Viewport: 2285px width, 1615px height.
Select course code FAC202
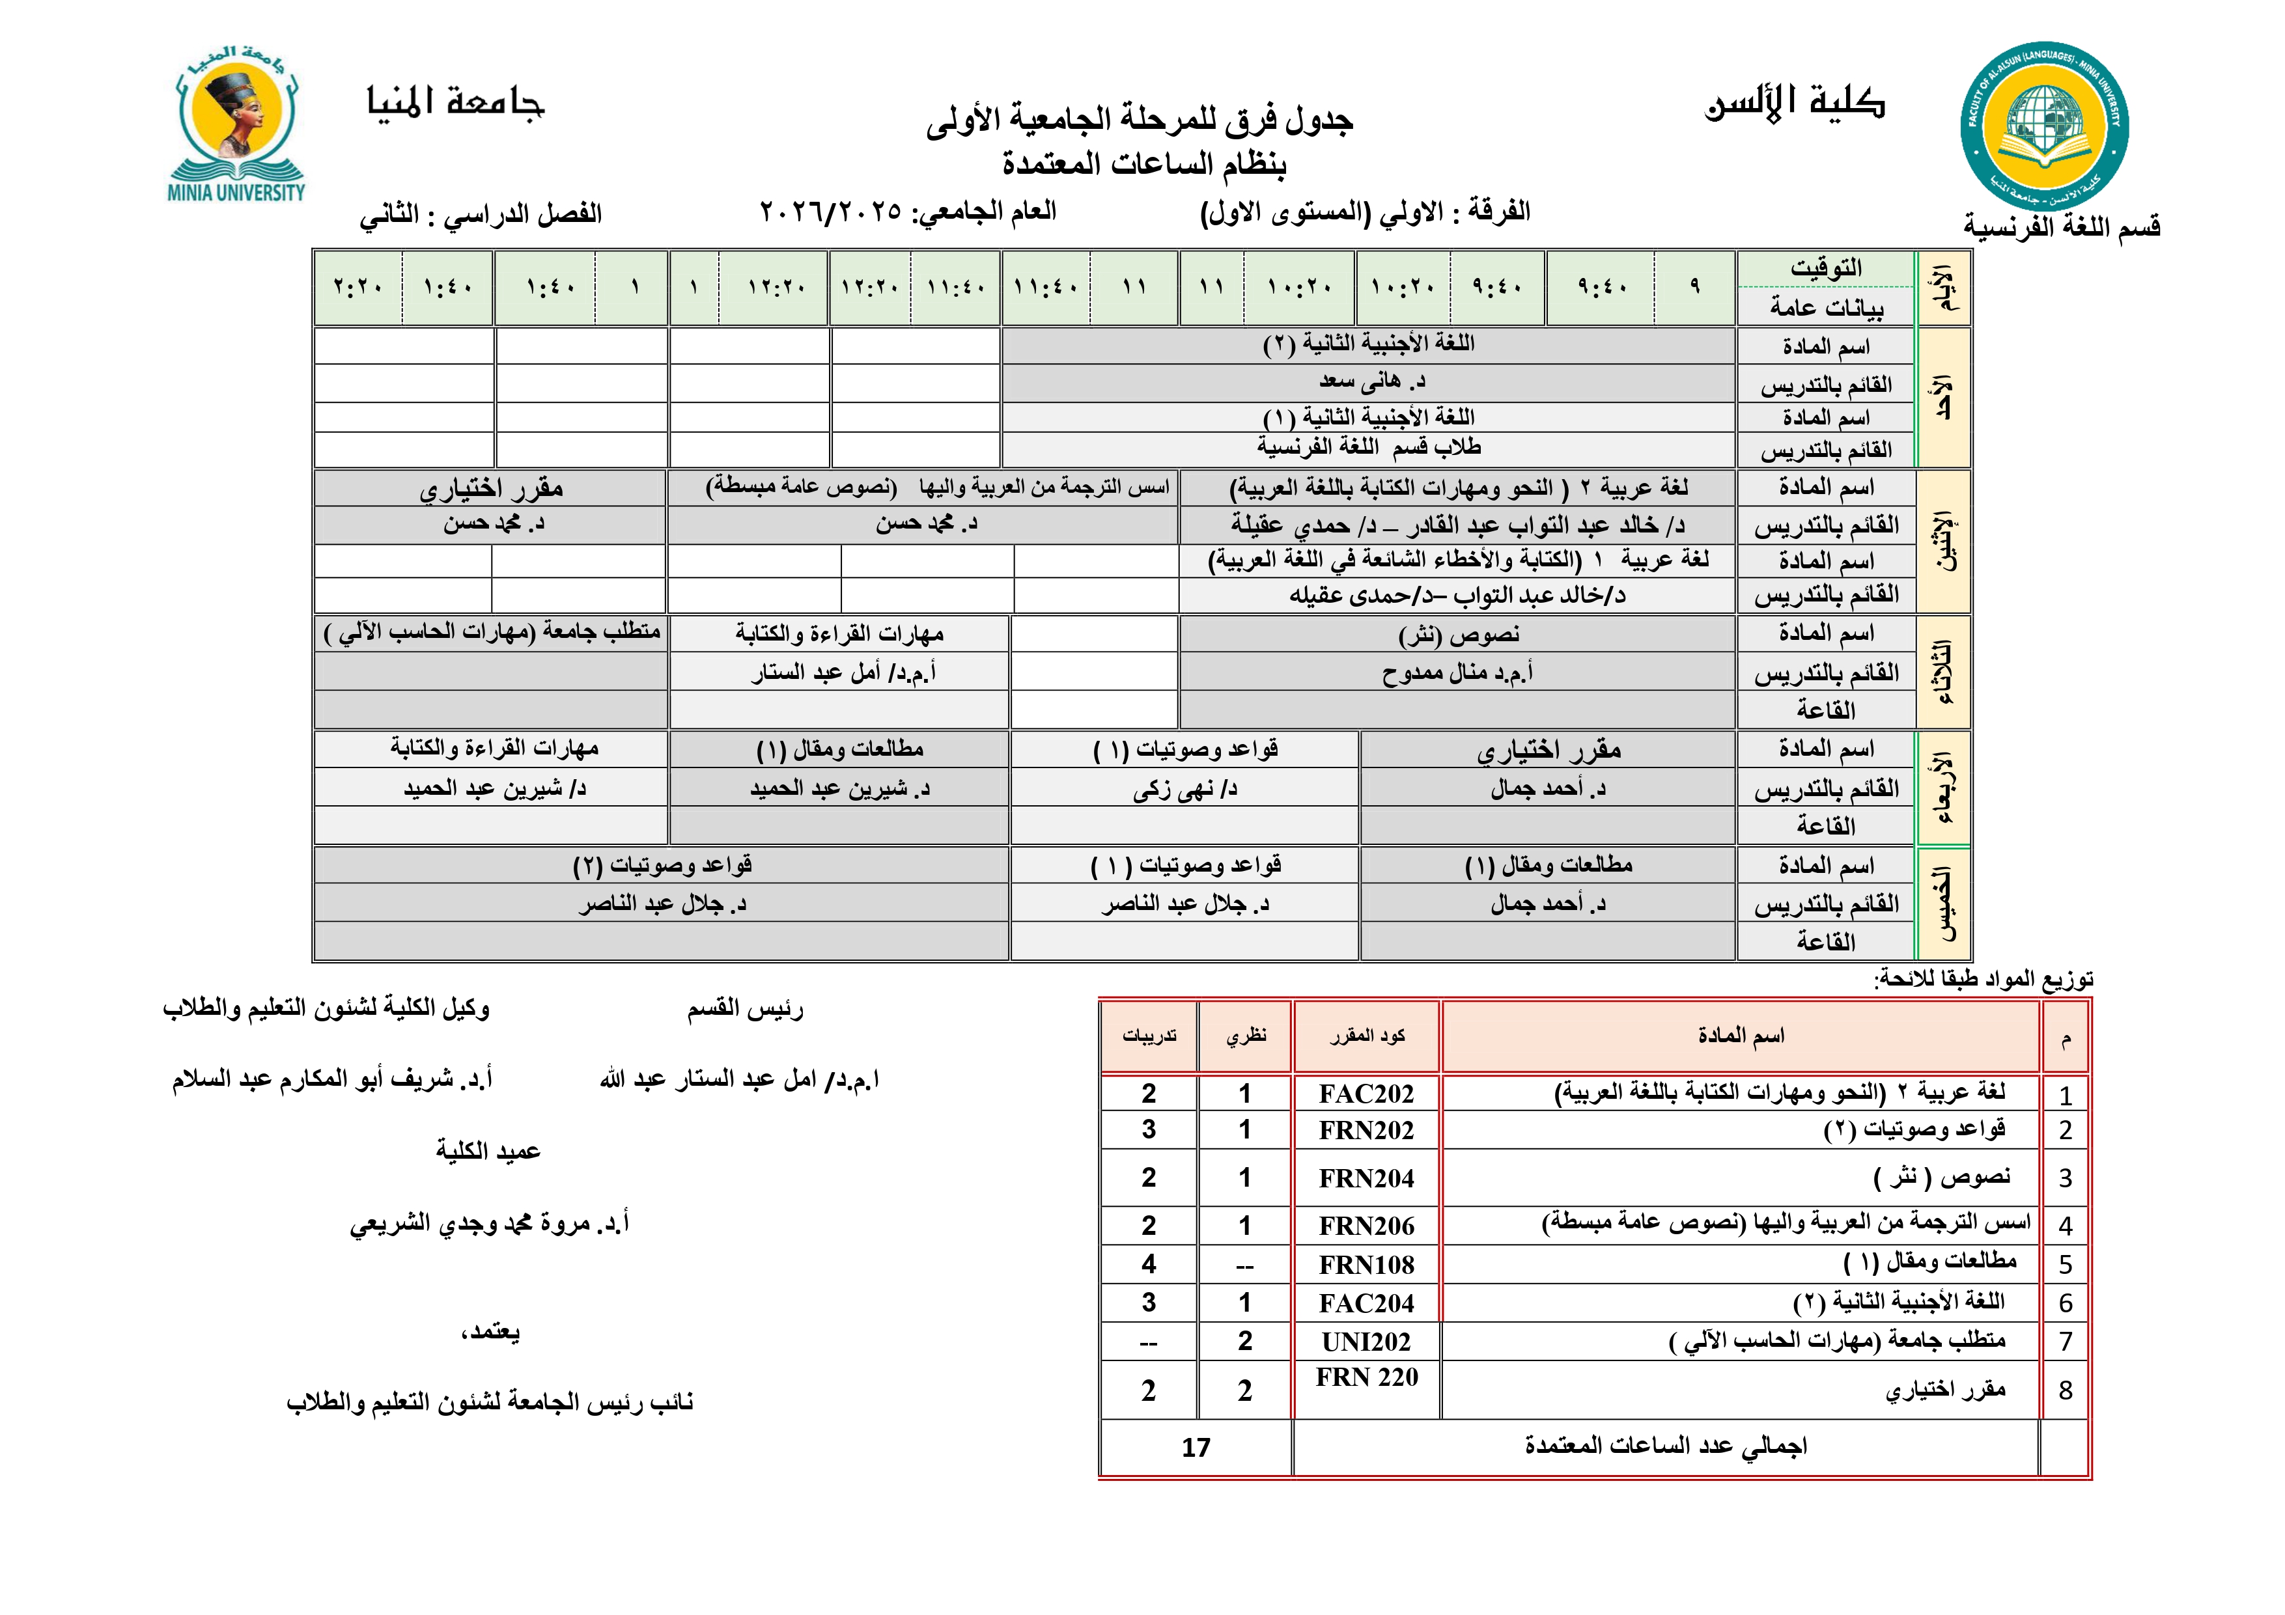click(x=1366, y=1094)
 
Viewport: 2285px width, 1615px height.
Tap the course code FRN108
click(x=1366, y=1265)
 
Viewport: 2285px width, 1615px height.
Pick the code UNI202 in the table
click(x=1366, y=1342)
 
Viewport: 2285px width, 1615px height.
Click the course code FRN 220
click(x=1366, y=1377)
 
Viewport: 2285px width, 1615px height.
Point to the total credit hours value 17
click(x=1196, y=1448)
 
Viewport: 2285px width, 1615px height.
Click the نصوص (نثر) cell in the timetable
click(x=1458, y=635)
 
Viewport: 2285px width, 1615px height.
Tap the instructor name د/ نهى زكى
click(x=1185, y=789)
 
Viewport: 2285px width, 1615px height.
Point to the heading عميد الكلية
click(x=488, y=1152)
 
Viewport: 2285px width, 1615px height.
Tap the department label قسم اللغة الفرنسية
click(x=2061, y=227)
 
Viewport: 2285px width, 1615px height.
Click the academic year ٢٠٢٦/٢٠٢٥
click(x=831, y=212)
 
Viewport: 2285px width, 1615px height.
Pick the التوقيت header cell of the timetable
click(x=1825, y=268)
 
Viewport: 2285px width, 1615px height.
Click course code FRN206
click(x=1366, y=1226)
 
